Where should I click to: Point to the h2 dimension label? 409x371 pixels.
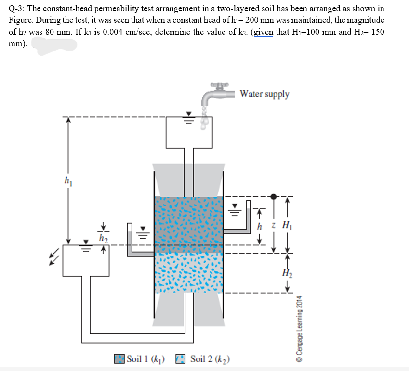[x=103, y=237]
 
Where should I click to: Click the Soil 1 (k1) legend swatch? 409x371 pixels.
[x=119, y=359]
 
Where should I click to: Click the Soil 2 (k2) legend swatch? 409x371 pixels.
[x=180, y=359]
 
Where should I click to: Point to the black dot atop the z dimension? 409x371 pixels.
[x=274, y=196]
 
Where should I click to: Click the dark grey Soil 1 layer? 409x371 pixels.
[x=188, y=224]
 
